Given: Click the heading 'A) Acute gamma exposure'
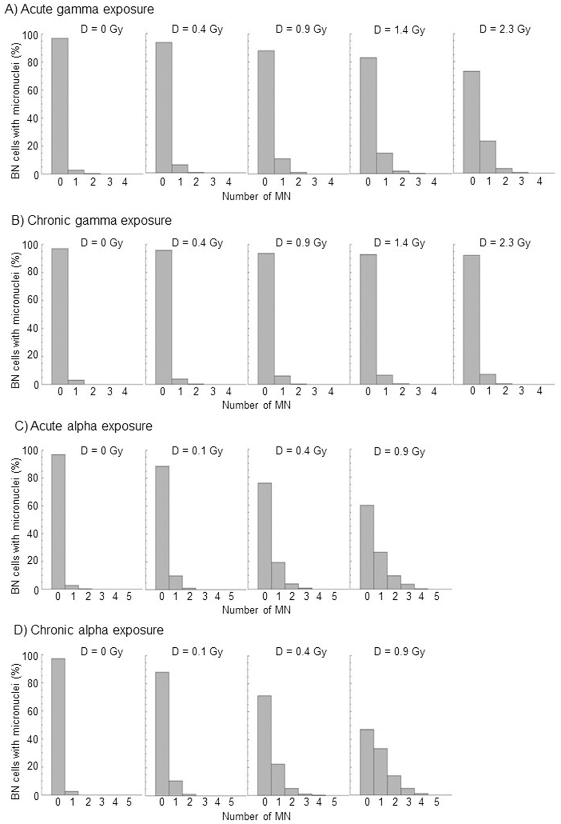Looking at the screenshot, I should [79, 9].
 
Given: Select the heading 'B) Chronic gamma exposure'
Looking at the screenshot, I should [91, 220].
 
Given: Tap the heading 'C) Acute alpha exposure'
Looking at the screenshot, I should [83, 426].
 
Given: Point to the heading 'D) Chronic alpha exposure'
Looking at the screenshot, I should [89, 630].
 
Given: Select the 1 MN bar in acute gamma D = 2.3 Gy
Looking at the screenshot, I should [488, 157].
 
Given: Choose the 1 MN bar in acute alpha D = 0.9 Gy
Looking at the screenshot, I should [381, 570].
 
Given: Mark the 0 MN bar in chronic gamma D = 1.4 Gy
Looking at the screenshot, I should [369, 319].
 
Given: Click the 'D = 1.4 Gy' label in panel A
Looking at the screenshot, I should [399, 30].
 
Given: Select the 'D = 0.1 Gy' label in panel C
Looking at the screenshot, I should [197, 451].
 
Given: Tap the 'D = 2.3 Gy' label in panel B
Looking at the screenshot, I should [505, 242].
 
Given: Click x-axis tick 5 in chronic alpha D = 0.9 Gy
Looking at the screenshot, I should [436, 803].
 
